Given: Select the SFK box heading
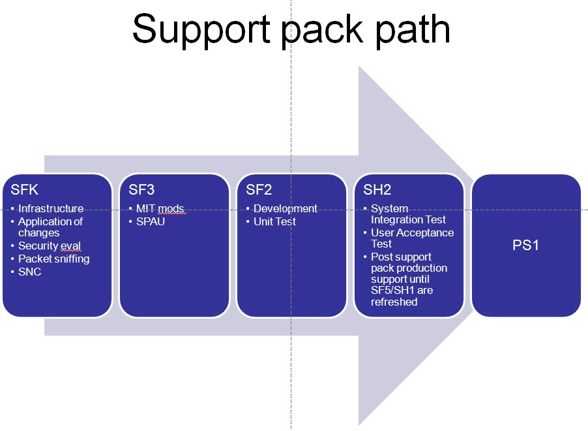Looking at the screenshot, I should pyautogui.click(x=25, y=190).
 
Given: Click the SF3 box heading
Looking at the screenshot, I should pyautogui.click(x=141, y=190).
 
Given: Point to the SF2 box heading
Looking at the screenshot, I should pyautogui.click(x=259, y=190).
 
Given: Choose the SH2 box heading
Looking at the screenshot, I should pyautogui.click(x=377, y=190).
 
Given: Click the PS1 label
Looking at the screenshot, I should pyautogui.click(x=526, y=247).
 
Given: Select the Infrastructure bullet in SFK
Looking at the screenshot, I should pyautogui.click(x=51, y=209).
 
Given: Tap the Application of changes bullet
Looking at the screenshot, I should pyautogui.click(x=50, y=227).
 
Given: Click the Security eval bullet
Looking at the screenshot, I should pyautogui.click(x=50, y=246).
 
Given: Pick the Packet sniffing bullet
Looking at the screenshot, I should pyautogui.click(x=54, y=259).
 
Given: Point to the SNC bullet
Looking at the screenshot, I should pyautogui.click(x=30, y=272).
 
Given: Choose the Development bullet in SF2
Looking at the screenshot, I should pyautogui.click(x=286, y=209).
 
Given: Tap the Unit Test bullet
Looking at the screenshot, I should pyautogui.click(x=275, y=221).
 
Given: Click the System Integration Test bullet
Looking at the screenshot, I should pyautogui.click(x=408, y=214).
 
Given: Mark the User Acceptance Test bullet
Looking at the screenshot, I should pyautogui.click(x=412, y=238).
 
